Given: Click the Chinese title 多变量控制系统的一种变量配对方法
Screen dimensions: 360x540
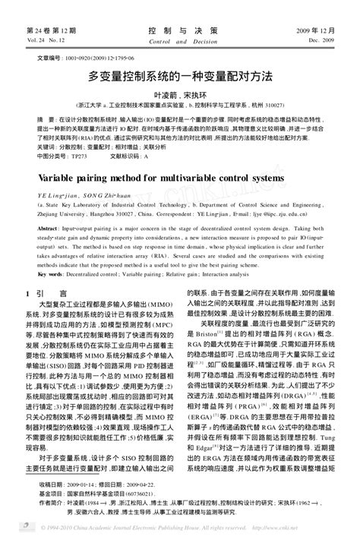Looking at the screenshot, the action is [x=179, y=77].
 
